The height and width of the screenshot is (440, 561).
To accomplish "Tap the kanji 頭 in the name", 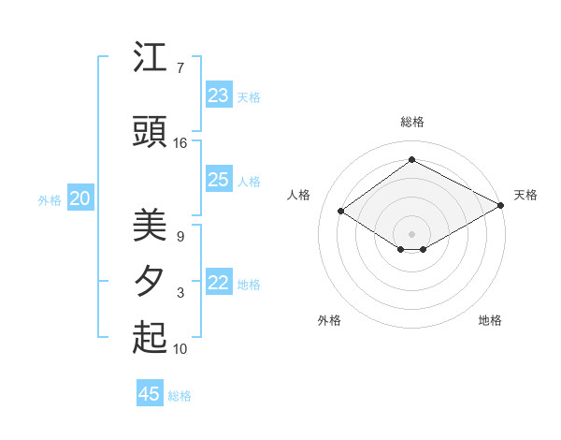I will [151, 132].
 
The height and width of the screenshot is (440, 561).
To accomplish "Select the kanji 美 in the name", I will [151, 226].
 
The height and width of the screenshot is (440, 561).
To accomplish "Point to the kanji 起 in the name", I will [151, 337].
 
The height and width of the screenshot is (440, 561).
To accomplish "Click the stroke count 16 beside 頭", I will [180, 143].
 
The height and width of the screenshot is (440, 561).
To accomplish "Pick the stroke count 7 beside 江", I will [180, 68].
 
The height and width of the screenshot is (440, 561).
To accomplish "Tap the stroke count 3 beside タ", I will [180, 293].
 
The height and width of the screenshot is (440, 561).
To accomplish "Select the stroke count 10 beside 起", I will [180, 349].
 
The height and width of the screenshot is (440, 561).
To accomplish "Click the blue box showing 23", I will [218, 95].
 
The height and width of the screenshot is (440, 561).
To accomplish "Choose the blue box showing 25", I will [218, 180].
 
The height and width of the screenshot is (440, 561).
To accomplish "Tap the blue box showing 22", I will [218, 284].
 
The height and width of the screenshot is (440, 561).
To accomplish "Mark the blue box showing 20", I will [79, 198].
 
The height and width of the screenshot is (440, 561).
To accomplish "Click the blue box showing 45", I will [149, 394].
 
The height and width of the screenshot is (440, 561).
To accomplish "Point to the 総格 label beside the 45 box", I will [180, 396].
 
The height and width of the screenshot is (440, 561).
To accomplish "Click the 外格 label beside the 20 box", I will [50, 199].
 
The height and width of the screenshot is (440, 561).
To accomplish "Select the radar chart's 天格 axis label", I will [525, 195].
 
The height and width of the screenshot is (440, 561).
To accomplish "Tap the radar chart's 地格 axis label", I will [490, 320].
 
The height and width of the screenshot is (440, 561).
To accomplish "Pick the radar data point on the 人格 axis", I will [341, 212].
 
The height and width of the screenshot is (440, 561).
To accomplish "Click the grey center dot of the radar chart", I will [411, 232].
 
